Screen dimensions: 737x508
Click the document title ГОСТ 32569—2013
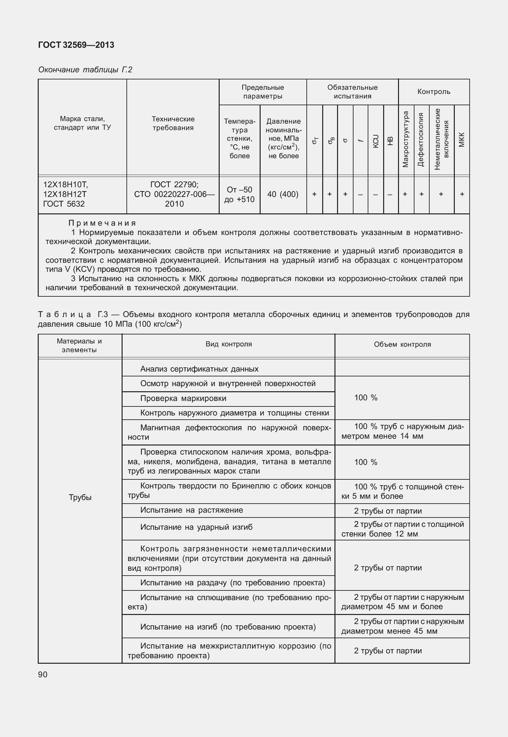pyautogui.click(x=76, y=45)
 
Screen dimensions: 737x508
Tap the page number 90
pyautogui.click(x=43, y=674)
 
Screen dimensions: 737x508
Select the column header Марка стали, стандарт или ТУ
pyautogui.click(x=82, y=123)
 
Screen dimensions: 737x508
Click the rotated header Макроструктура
pyautogui.click(x=406, y=139)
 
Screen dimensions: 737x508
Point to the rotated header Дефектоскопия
pyautogui.click(x=421, y=139)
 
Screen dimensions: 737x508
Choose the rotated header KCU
pyautogui.click(x=375, y=141)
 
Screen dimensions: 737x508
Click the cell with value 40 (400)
pyautogui.click(x=283, y=194)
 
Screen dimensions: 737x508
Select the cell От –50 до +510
pyautogui.click(x=239, y=194)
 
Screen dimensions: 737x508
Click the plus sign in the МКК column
pyautogui.click(x=462, y=194)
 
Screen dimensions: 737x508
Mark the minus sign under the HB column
pyautogui.click(x=390, y=194)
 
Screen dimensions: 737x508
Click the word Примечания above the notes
pyautogui.click(x=102, y=223)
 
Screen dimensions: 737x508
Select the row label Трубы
pyautogui.click(x=80, y=497)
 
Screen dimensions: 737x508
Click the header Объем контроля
pyautogui.click(x=402, y=344)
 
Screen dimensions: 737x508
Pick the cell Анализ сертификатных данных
pyautogui.click(x=199, y=369)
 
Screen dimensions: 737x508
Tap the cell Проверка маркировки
pyautogui.click(x=183, y=398)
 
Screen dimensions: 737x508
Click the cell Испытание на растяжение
pyautogui.click(x=192, y=510)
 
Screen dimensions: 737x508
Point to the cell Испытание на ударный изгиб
pyautogui.click(x=196, y=527)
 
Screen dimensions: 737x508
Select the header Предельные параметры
pyautogui.click(x=263, y=92)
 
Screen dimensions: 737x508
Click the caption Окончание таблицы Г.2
pyautogui.click(x=85, y=70)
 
